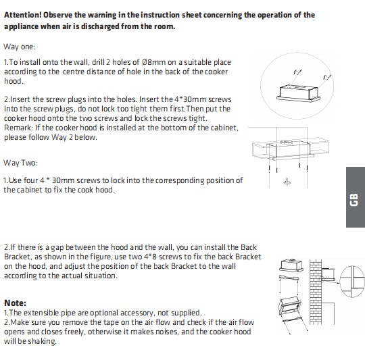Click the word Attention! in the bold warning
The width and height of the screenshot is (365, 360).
pyautogui.click(x=22, y=15)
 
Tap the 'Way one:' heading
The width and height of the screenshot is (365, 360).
pyautogui.click(x=20, y=47)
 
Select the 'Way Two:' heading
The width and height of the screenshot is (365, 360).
pyautogui.click(x=20, y=163)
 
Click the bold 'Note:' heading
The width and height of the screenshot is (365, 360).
pyautogui.click(x=15, y=303)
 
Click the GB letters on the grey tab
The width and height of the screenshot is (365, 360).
pyautogui.click(x=354, y=199)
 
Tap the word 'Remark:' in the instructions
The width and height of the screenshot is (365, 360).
pyautogui.click(x=19, y=128)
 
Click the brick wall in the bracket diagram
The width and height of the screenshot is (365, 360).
pyautogui.click(x=316, y=292)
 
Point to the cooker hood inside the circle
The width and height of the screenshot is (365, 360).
pyautogui.click(x=299, y=93)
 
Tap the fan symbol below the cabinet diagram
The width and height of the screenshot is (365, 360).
pyautogui.click(x=287, y=182)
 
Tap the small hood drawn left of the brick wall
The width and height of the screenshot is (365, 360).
pyautogui.click(x=291, y=265)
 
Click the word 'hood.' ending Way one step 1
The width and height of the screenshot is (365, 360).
pyautogui.click(x=14, y=81)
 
